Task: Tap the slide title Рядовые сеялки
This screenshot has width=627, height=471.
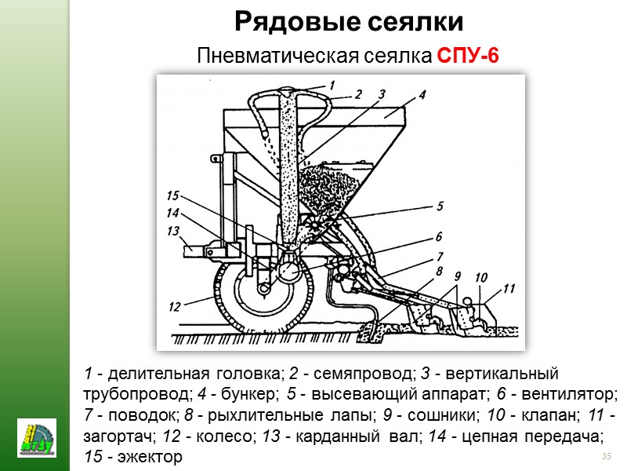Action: [x=350, y=21]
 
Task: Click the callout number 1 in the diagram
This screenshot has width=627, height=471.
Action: [x=332, y=84]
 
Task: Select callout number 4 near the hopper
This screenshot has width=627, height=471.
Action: [x=421, y=95]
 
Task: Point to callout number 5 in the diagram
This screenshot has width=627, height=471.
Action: [x=439, y=207]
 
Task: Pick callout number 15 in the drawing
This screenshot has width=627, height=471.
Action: [x=173, y=195]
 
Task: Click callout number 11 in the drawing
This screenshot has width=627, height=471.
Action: [x=509, y=288]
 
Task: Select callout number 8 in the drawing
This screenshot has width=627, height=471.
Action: [x=440, y=272]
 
